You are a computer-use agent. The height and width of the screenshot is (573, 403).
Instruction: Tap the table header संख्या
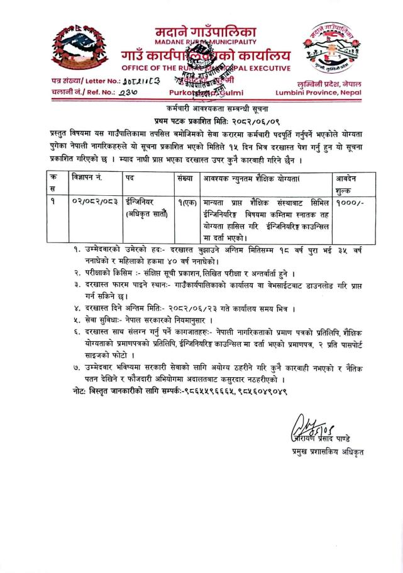click(x=187, y=178)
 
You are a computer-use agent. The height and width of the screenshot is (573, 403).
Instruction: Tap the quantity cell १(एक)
click(x=187, y=203)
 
